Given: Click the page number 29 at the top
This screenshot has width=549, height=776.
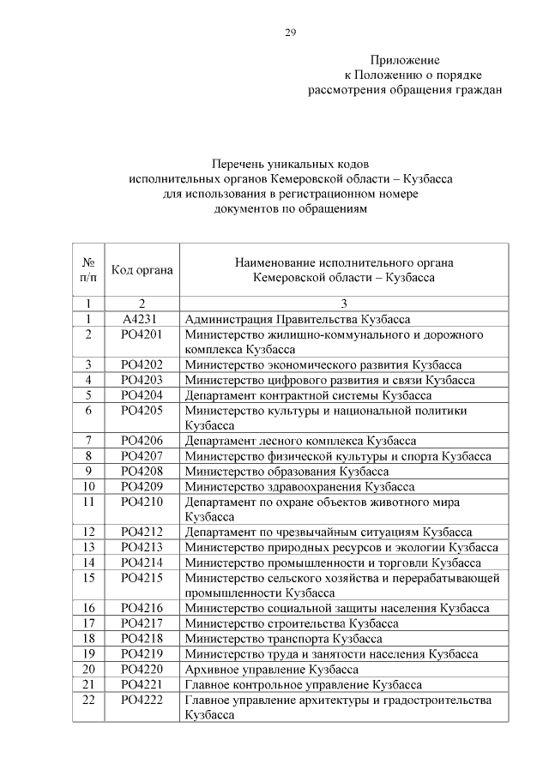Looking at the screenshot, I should coord(290,33).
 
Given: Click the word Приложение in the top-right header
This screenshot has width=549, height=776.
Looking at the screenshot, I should coord(405,60).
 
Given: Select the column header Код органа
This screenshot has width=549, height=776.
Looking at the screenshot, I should coord(142,269).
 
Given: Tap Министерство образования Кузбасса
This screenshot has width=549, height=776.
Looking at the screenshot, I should coord(287,471).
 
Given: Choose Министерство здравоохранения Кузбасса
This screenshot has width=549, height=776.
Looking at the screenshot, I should coord(294,486).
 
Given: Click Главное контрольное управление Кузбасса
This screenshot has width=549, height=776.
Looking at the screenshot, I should coord(304,684).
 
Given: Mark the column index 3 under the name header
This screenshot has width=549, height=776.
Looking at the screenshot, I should coord(343,303).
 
